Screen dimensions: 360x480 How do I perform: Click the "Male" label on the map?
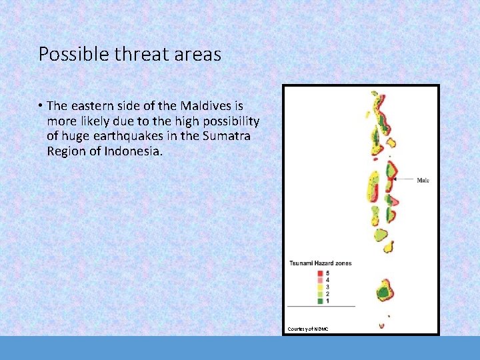pyautogui.click(x=423, y=180)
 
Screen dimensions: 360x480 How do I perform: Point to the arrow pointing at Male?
pyautogui.click(x=403, y=179)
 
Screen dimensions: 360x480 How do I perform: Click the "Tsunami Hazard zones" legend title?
pyautogui.click(x=320, y=263)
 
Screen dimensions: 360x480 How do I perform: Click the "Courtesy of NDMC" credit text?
pyautogui.click(x=308, y=329)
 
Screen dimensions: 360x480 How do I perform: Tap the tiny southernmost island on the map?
pyautogui.click(x=382, y=325)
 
